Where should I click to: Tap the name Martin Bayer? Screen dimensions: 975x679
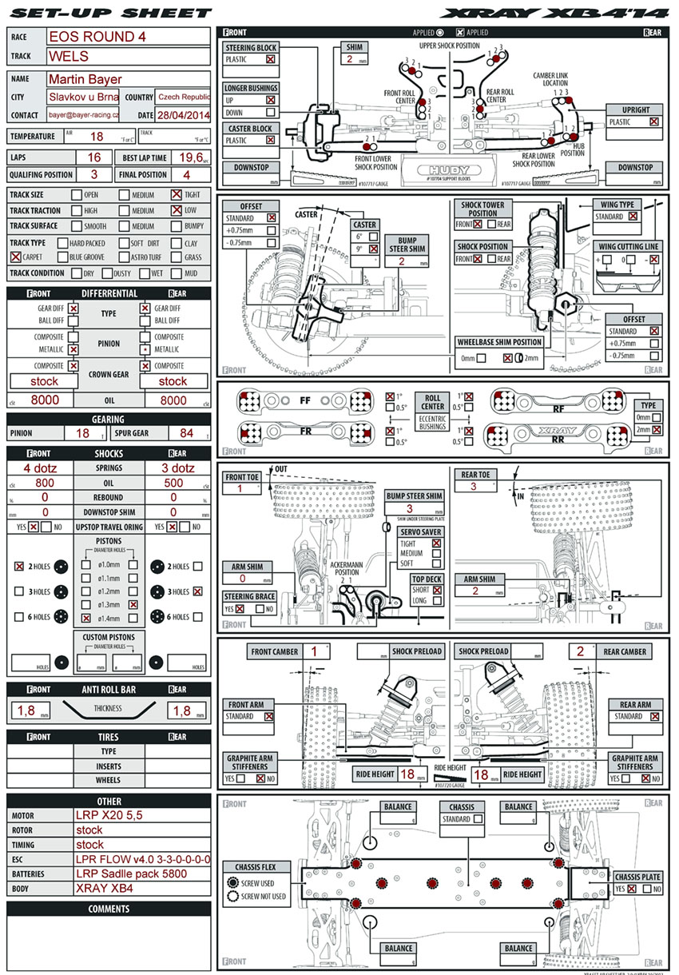tap(85, 79)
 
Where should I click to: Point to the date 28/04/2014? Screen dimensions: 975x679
tap(183, 116)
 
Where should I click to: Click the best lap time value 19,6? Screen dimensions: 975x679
tap(190, 157)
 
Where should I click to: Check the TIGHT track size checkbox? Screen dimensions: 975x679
tap(177, 195)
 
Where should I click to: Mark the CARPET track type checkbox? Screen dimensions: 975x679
tap(16, 257)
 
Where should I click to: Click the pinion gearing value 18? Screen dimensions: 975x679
tap(82, 433)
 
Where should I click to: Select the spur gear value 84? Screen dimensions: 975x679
tap(187, 433)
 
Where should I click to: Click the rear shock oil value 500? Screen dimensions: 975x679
tap(173, 483)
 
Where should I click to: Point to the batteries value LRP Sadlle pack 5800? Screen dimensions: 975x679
tap(131, 874)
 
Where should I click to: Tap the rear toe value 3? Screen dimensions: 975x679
tap(474, 486)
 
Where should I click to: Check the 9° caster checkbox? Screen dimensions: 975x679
tap(373, 249)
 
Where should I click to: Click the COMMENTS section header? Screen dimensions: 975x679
tap(109, 909)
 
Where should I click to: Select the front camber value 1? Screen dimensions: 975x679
tap(316, 651)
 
